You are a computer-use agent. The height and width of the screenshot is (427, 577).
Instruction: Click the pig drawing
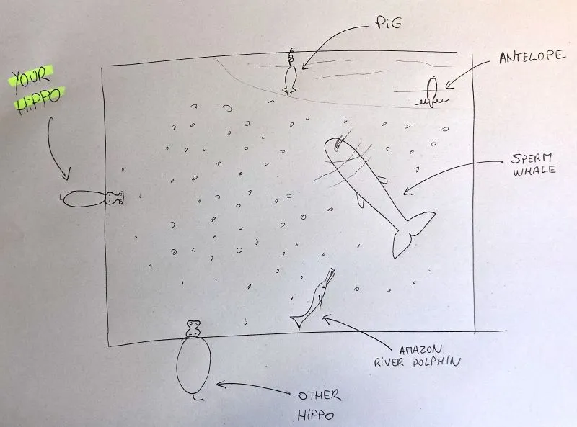click(x=290, y=78)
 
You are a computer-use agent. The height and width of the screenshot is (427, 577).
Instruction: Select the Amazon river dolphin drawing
click(x=314, y=299)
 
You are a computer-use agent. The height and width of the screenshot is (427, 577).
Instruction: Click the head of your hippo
click(x=114, y=197)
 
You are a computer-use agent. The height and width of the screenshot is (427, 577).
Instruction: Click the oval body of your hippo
click(x=82, y=199)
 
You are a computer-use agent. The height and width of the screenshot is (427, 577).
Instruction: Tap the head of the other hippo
click(x=193, y=330)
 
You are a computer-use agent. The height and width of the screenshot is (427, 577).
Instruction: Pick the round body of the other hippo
click(x=194, y=367)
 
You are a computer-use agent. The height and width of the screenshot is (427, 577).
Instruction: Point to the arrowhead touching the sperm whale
click(x=405, y=192)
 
